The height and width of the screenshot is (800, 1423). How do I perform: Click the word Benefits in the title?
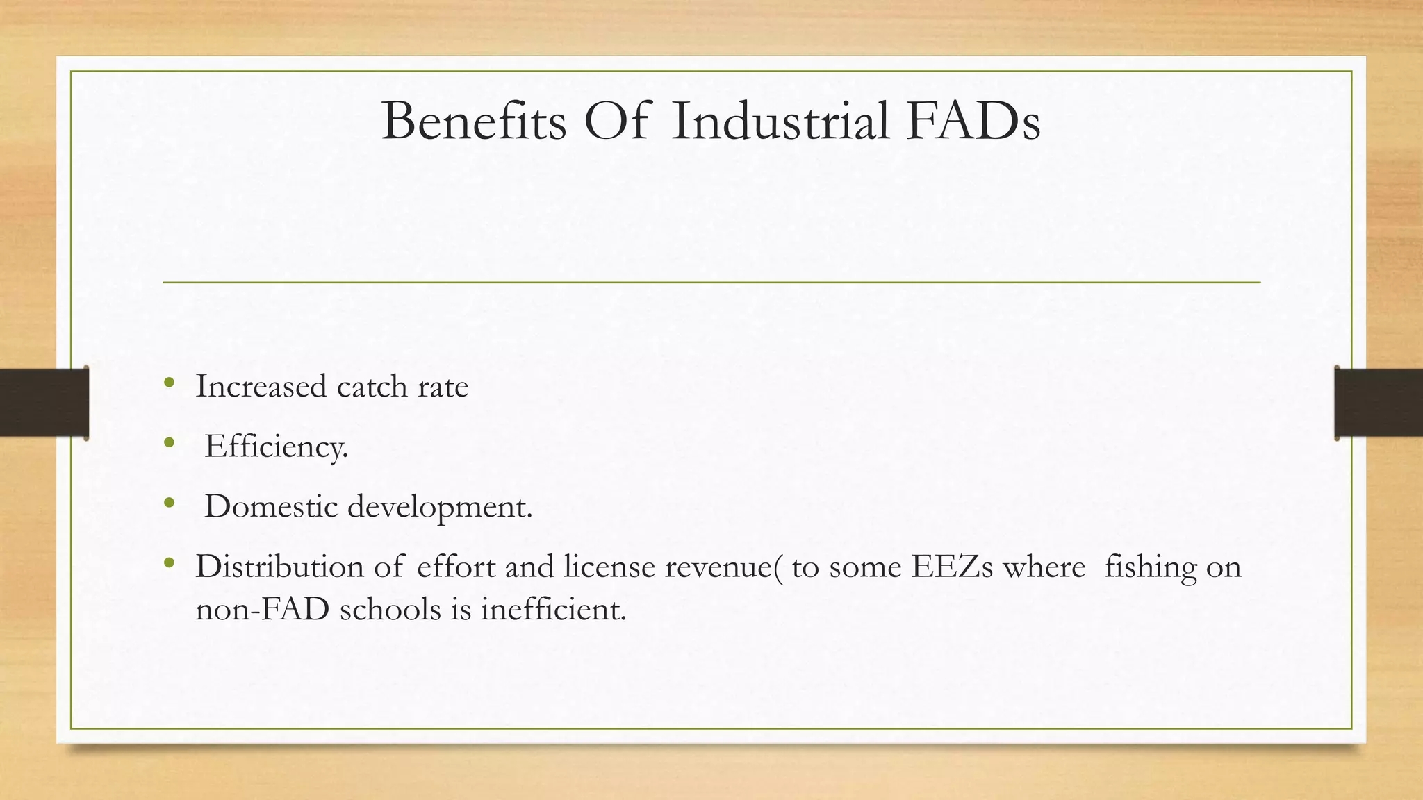pyautogui.click(x=474, y=122)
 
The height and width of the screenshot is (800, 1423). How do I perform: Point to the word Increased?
pyautogui.click(x=261, y=387)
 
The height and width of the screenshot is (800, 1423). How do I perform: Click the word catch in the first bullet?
pyautogui.click(x=372, y=387)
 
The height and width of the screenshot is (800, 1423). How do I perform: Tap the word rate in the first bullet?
pyautogui.click(x=443, y=387)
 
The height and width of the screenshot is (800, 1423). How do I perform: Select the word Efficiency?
pyautogui.click(x=276, y=447)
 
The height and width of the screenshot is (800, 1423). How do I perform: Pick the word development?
pyautogui.click(x=440, y=508)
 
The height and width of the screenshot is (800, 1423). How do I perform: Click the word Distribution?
pyautogui.click(x=279, y=567)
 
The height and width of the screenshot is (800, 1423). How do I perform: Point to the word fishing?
pyautogui.click(x=1151, y=568)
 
